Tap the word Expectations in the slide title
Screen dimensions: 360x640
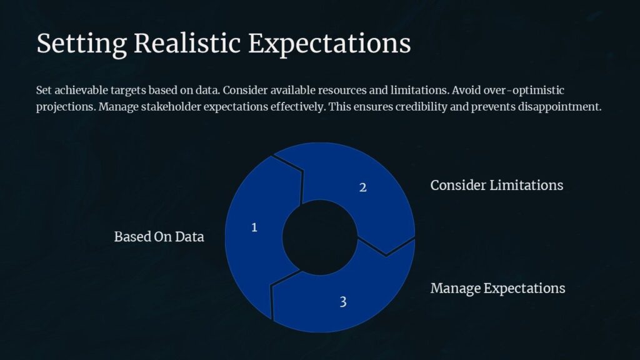point(329,44)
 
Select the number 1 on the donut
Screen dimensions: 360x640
point(254,227)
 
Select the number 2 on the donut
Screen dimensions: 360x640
point(362,187)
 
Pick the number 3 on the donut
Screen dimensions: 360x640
point(343,302)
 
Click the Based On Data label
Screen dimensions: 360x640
point(159,237)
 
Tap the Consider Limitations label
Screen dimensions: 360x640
point(496,186)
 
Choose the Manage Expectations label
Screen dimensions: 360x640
point(497,288)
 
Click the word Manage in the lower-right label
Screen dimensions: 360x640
point(455,288)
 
